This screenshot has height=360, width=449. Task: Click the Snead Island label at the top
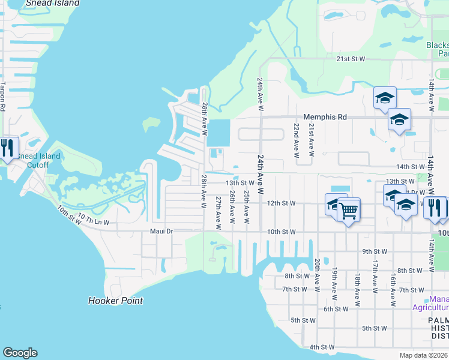click(x=53, y=3)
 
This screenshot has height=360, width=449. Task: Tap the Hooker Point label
click(x=115, y=301)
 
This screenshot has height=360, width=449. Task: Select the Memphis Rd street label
click(x=325, y=118)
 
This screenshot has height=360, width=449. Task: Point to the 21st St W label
click(x=351, y=59)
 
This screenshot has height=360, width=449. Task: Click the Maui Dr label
click(x=161, y=231)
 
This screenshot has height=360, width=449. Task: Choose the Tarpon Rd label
click(x=2, y=95)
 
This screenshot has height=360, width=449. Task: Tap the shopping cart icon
click(x=348, y=210)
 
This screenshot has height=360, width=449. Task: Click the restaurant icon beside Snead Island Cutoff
click(x=7, y=148)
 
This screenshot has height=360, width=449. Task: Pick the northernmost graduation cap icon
click(x=384, y=97)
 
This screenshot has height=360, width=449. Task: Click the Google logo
click(x=20, y=353)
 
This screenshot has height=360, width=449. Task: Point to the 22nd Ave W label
click(x=297, y=140)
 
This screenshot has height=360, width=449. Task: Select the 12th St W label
click(x=281, y=203)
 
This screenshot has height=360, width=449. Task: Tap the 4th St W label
click(x=322, y=347)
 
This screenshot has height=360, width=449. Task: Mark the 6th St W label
click(x=336, y=309)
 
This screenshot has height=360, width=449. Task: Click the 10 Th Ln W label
click(x=93, y=223)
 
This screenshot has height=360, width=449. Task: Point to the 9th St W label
click(x=375, y=251)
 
